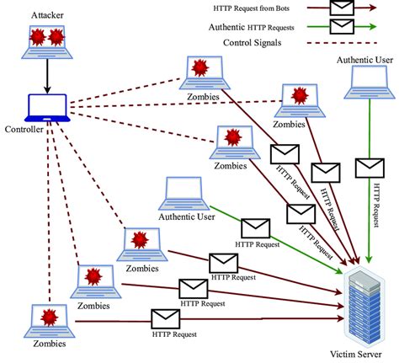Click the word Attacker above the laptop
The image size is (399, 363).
pyautogui.click(x=46, y=15)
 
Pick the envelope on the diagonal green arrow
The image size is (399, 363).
pyautogui.click(x=255, y=227)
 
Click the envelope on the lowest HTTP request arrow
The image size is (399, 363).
pyautogui.click(x=165, y=319)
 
